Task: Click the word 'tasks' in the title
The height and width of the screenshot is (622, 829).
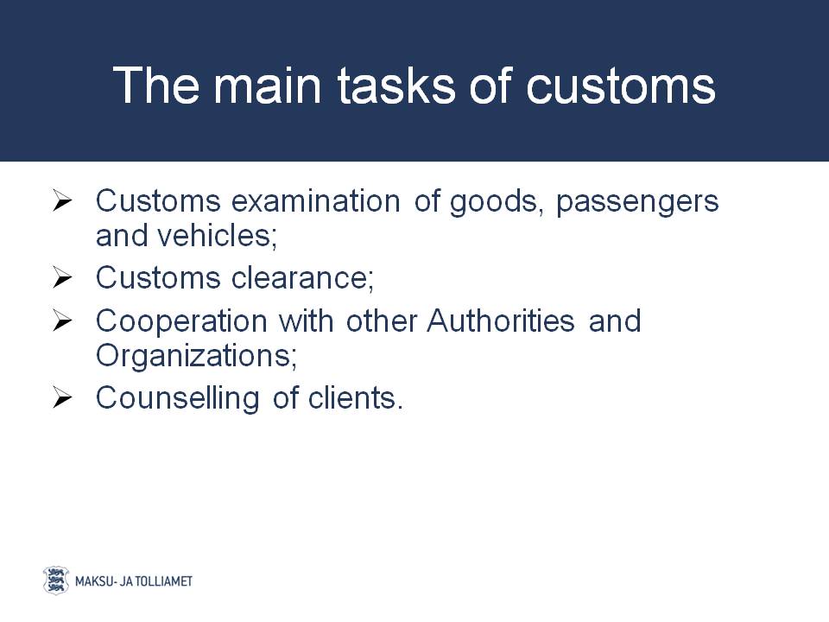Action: tap(396, 86)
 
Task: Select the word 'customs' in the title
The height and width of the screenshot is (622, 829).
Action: tap(621, 86)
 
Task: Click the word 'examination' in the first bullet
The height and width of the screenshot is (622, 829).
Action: tap(316, 201)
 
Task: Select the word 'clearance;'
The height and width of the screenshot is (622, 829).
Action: tap(302, 277)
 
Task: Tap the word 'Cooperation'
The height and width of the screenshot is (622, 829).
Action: tap(181, 322)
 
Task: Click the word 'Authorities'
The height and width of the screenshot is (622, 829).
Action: tap(501, 321)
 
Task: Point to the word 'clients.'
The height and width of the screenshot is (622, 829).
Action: tap(356, 397)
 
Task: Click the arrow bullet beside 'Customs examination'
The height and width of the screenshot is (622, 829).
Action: tap(62, 201)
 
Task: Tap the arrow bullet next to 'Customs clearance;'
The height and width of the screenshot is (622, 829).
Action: tap(62, 278)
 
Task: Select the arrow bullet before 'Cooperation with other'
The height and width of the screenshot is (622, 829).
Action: tap(62, 321)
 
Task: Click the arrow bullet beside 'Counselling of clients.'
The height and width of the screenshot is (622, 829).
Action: tap(62, 398)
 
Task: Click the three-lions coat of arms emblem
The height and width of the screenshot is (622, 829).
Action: tap(56, 581)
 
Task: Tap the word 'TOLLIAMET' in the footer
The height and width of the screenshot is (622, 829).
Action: tap(164, 581)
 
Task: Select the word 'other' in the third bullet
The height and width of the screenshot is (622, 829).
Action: tap(382, 321)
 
